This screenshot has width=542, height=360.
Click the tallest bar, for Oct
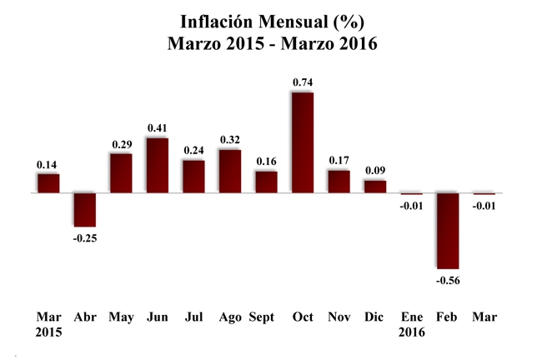(x=302, y=142)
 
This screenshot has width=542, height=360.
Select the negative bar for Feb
(x=447, y=230)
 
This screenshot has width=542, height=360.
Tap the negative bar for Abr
(x=84, y=209)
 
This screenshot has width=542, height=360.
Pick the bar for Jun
(x=157, y=165)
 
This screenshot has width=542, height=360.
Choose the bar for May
(x=121, y=173)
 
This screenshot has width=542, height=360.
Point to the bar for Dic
(x=374, y=187)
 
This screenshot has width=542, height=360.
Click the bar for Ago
(x=229, y=171)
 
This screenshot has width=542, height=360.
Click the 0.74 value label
(x=302, y=82)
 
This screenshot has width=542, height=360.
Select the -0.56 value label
(x=447, y=280)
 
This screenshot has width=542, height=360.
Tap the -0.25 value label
(x=84, y=238)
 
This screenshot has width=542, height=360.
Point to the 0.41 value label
(x=157, y=127)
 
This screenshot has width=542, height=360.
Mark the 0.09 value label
(x=374, y=170)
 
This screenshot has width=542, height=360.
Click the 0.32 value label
(x=229, y=139)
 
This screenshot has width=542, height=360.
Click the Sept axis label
(x=262, y=317)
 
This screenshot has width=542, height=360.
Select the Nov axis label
(x=338, y=317)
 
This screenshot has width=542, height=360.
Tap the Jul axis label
(x=193, y=317)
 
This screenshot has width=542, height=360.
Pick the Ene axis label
(x=411, y=317)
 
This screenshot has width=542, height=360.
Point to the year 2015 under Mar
(x=48, y=332)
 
